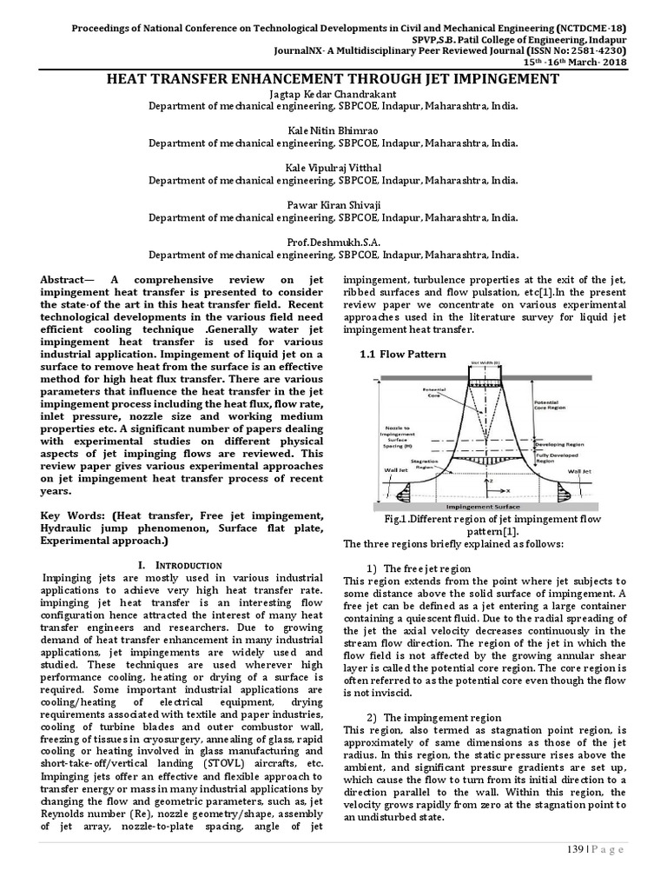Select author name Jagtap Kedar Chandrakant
point(333,93)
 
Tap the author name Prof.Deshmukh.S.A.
point(333,243)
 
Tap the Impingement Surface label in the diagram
point(482,506)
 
